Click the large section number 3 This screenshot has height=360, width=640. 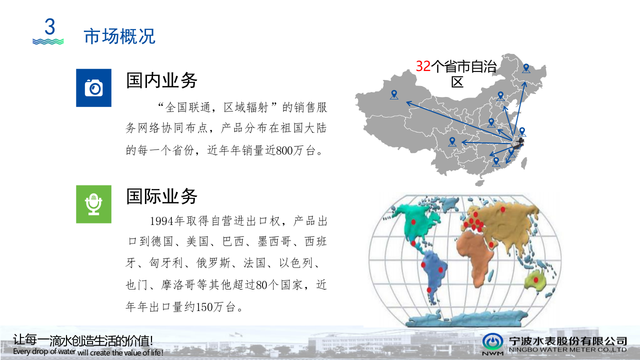tap(49, 26)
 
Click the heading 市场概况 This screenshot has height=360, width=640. tap(119, 36)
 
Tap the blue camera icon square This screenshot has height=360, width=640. tap(93, 87)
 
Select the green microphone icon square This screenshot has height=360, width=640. tap(93, 203)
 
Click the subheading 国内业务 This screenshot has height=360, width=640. tap(161, 80)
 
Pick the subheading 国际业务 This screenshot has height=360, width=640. tap(161, 196)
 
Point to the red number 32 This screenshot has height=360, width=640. tap(423, 66)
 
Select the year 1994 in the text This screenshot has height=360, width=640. tap(161, 221)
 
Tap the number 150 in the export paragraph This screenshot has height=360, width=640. tap(205, 306)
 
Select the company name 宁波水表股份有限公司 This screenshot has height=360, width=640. tap(567, 340)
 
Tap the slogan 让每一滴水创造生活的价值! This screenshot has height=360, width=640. tap(83, 340)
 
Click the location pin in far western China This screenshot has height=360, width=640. tap(394, 94)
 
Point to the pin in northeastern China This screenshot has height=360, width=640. tap(526, 68)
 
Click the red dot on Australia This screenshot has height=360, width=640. tap(536, 280)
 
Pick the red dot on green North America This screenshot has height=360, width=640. tap(413, 221)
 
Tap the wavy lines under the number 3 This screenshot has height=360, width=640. tap(48, 41)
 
